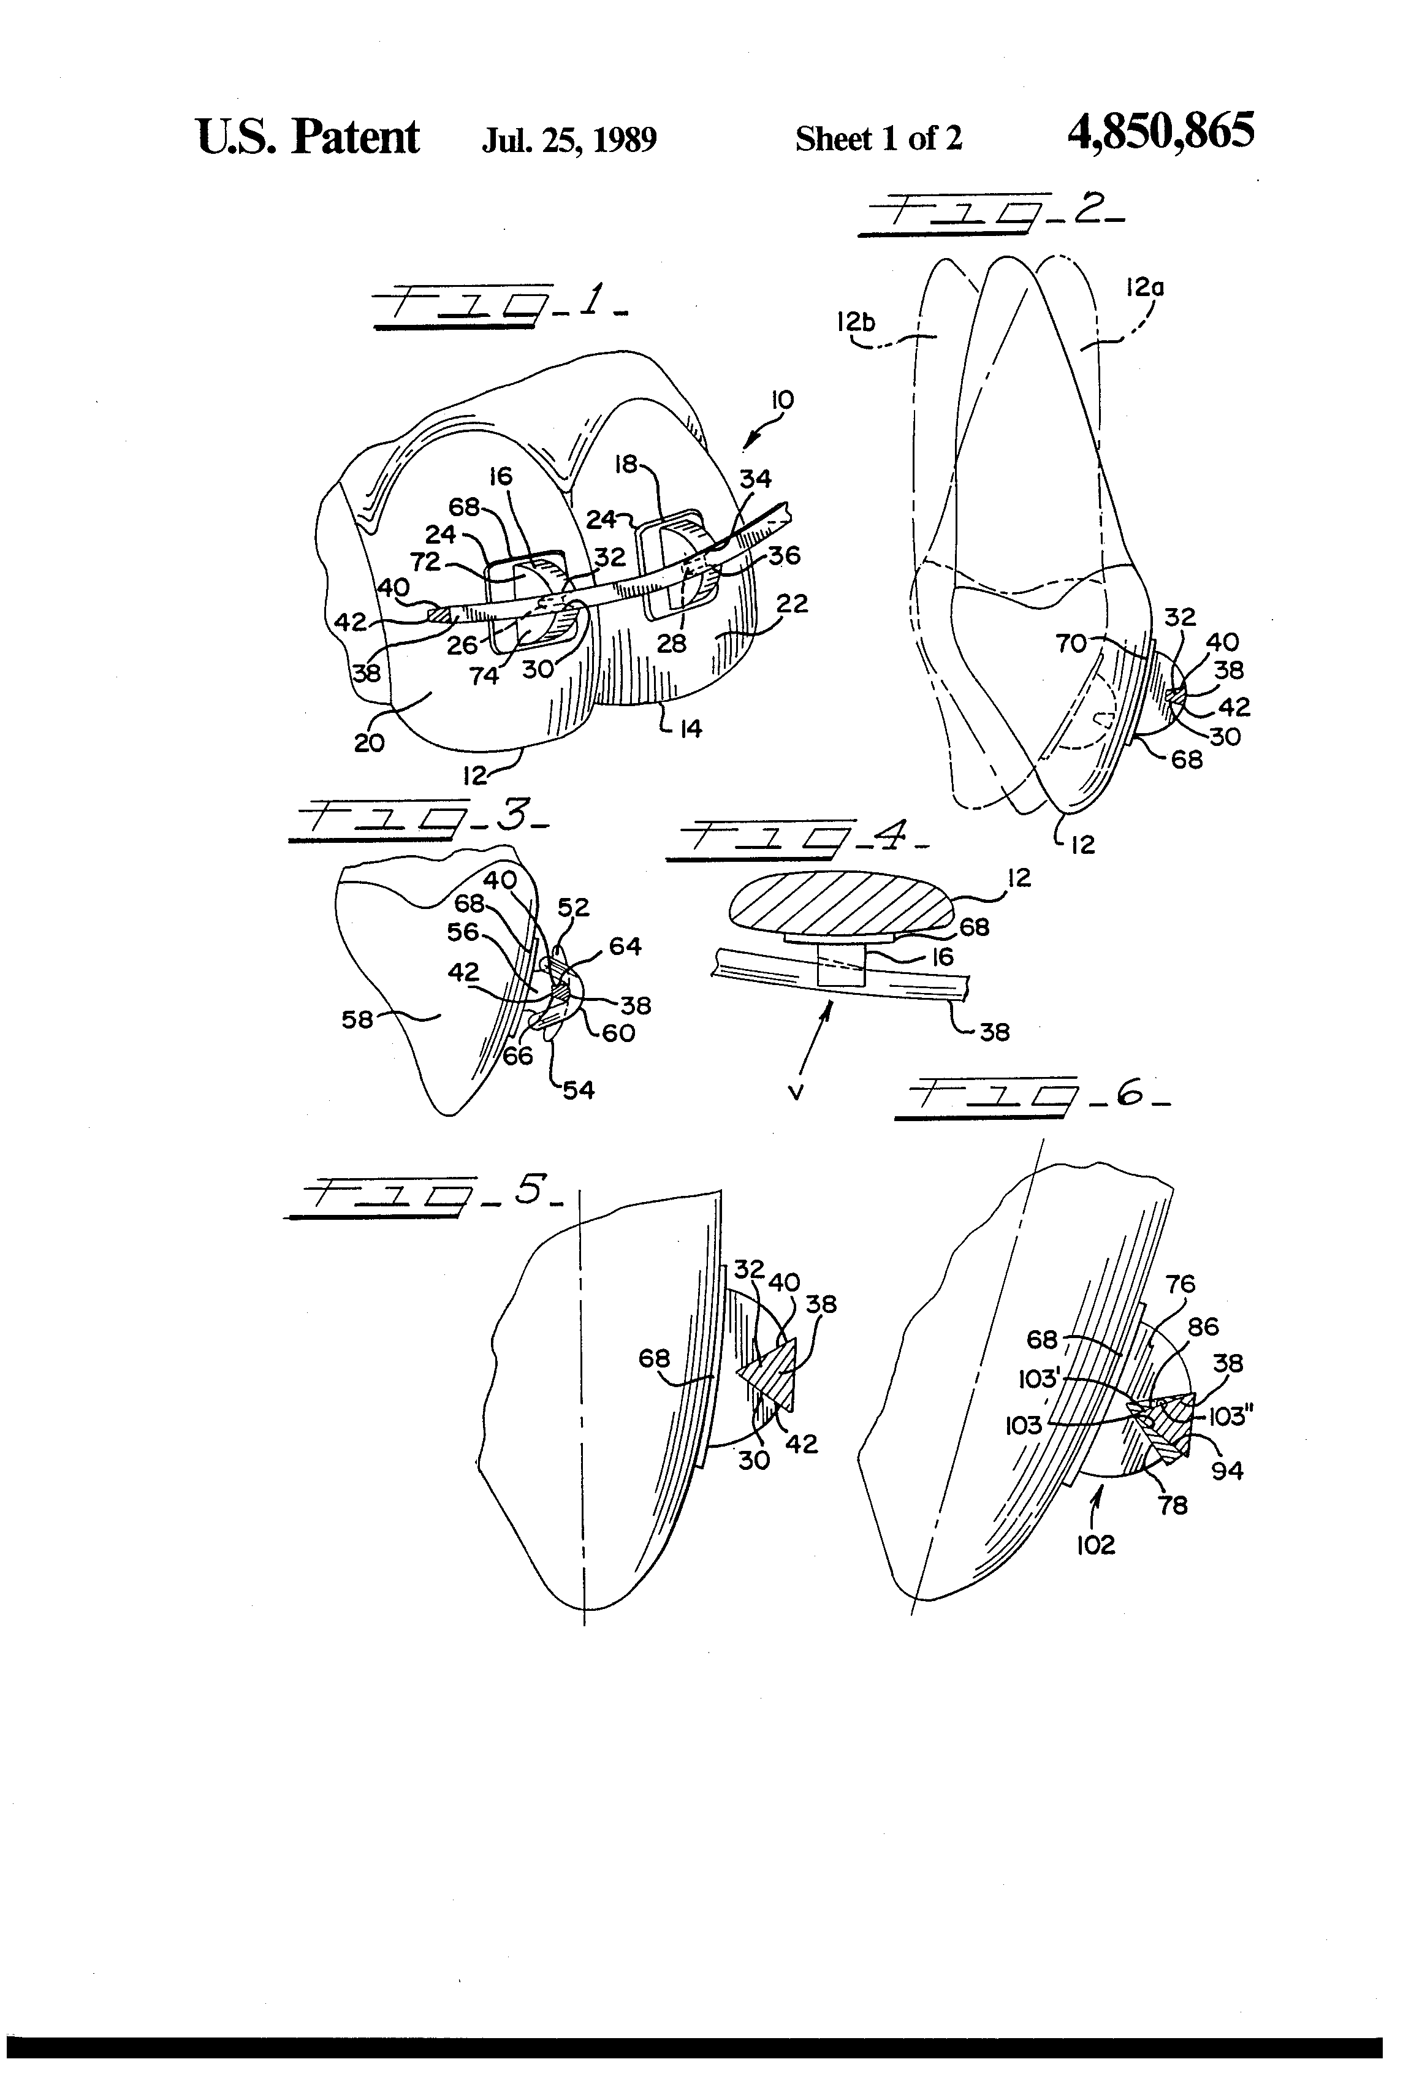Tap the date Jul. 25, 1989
point(569,139)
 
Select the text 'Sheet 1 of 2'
point(878,139)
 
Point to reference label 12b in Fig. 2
point(855,321)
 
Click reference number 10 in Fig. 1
point(782,401)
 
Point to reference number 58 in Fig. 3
point(356,1019)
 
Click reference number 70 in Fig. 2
point(1071,643)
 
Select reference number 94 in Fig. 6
point(1227,1471)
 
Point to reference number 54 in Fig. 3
point(579,1090)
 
